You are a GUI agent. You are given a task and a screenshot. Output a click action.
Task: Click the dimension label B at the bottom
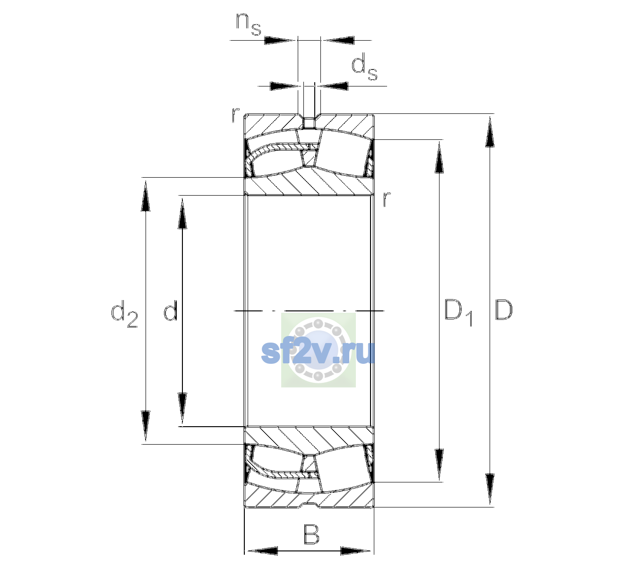click(x=311, y=534)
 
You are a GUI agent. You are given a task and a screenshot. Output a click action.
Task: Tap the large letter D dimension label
click(x=504, y=310)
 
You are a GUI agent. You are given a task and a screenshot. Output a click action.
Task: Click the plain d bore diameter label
click(x=170, y=310)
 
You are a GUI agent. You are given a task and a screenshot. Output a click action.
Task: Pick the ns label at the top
click(x=249, y=24)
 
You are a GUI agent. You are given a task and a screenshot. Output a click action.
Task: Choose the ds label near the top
click(x=364, y=67)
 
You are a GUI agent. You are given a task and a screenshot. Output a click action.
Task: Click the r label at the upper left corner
click(x=235, y=115)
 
